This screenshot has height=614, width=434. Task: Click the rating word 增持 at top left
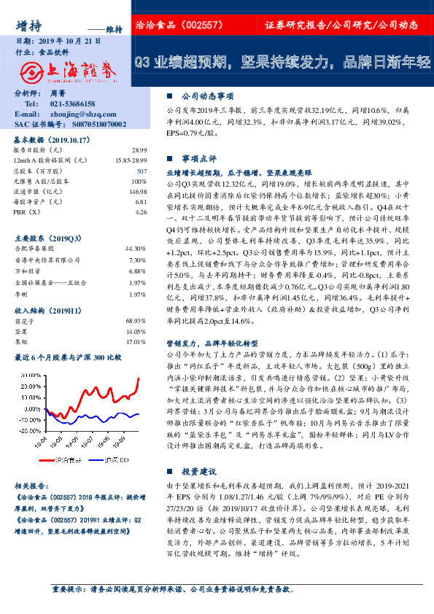28,26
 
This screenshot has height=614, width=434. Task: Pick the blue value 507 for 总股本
142,170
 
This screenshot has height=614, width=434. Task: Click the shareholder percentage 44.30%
137,248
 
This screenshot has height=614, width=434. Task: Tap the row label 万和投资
28,271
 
